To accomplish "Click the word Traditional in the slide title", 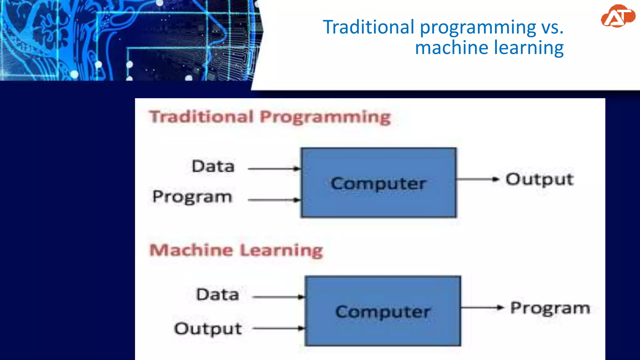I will [x=368, y=27].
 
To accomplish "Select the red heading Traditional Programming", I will [x=270, y=117].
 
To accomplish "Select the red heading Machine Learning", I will [x=236, y=250].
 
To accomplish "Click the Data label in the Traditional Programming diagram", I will [x=213, y=166].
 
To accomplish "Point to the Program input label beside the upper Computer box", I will [x=192, y=197].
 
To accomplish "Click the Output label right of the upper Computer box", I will [x=540, y=180].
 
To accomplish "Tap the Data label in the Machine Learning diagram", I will [x=217, y=294].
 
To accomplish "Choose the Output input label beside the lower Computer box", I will [x=208, y=329].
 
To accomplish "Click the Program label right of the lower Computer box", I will [x=550, y=308].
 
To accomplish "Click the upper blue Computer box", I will [x=378, y=182].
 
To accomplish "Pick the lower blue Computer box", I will [x=383, y=311].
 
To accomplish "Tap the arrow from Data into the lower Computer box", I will [x=278, y=297].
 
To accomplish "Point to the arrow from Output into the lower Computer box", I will [x=278, y=328].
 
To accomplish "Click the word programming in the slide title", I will [x=478, y=27].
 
